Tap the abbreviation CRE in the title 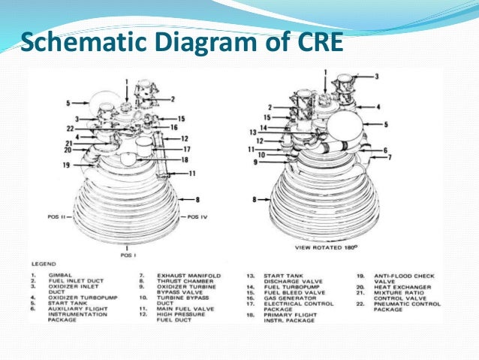pyautogui.click(x=315, y=42)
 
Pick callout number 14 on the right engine pyautogui.click(x=263, y=128)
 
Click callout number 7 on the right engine pyautogui.click(x=389, y=156)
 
